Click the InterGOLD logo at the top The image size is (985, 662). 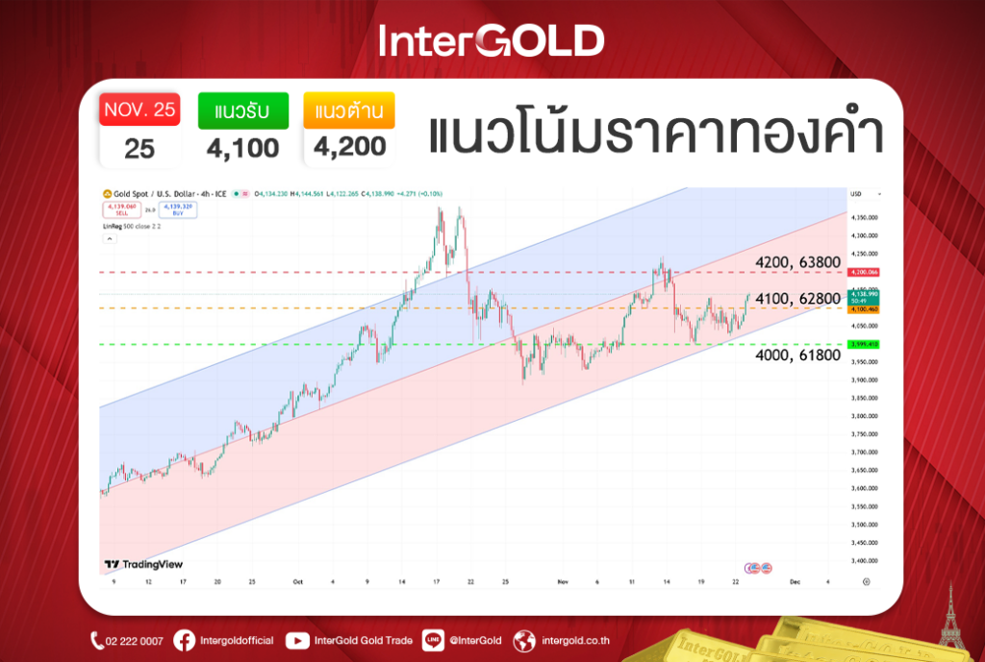click(492, 40)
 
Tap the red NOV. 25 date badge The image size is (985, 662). click(139, 110)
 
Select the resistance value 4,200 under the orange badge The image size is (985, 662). click(348, 148)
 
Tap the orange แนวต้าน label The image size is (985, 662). click(348, 110)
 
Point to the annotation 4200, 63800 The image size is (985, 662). click(797, 262)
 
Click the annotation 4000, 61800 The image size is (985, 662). click(797, 356)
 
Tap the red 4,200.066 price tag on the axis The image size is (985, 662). click(863, 272)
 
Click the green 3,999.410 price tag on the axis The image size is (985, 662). click(863, 344)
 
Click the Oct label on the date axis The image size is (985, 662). click(298, 582)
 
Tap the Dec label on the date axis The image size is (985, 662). click(796, 582)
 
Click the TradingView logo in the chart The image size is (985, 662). click(143, 565)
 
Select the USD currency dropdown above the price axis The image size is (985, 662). click(861, 195)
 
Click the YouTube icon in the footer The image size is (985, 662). click(297, 641)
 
